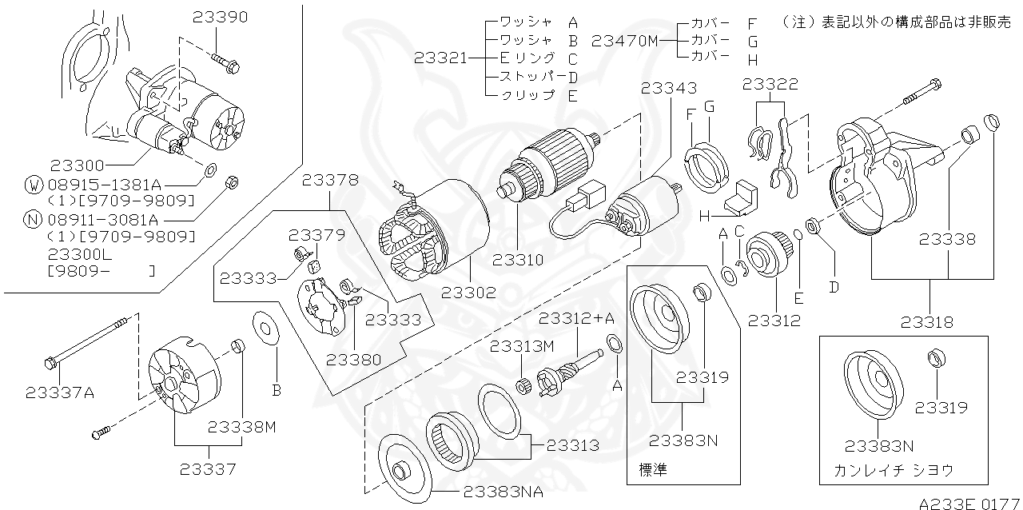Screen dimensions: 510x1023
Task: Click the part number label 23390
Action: [221, 17]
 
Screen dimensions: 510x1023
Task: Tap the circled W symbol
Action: [33, 185]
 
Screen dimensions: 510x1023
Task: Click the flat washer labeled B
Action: [265, 329]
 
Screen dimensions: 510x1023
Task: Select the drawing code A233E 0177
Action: [969, 503]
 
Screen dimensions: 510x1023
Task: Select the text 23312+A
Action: [576, 318]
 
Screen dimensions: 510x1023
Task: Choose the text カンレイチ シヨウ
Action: [893, 470]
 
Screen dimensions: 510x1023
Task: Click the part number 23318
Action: [926, 323]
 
